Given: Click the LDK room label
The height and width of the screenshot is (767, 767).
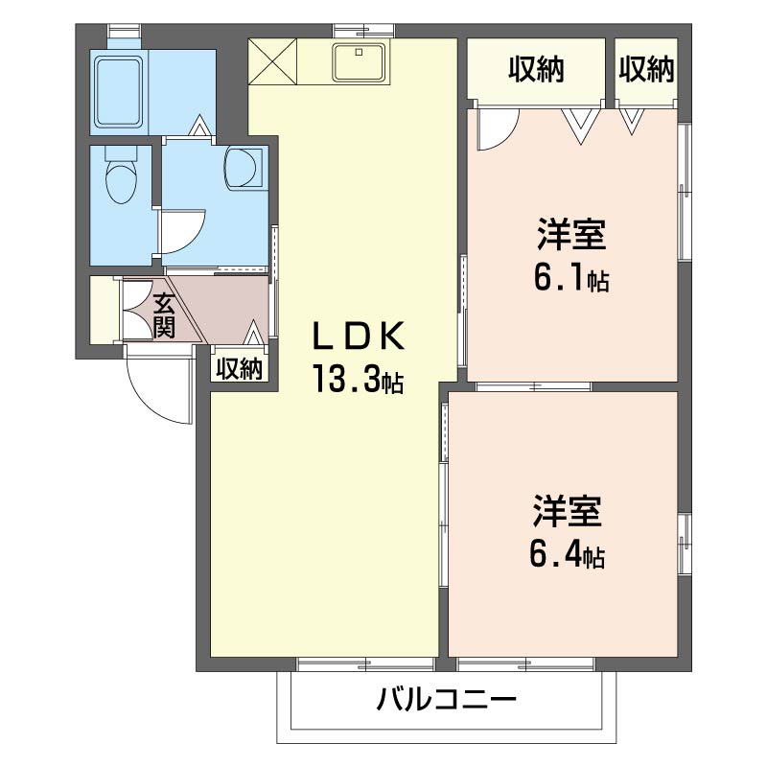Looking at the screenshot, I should (x=360, y=337).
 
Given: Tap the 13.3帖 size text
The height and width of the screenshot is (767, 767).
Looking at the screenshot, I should (x=356, y=382).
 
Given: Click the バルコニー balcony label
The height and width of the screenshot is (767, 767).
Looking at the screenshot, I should (x=447, y=698).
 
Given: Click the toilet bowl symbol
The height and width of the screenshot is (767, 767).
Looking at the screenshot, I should (x=121, y=177).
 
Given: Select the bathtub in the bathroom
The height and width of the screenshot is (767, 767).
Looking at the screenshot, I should (x=118, y=92).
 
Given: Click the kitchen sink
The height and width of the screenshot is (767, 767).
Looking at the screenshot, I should (x=360, y=63).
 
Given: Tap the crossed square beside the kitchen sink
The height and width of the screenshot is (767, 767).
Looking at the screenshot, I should (x=272, y=61).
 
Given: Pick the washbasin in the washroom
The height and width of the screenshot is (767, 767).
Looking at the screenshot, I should (x=244, y=166).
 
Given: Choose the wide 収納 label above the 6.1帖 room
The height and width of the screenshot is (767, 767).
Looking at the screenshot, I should (x=536, y=69).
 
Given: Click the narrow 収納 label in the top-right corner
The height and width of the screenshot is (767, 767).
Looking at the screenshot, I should (x=645, y=69).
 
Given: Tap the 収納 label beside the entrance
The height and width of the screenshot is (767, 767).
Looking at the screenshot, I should (x=238, y=369).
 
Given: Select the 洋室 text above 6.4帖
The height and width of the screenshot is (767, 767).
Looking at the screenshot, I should (x=568, y=511).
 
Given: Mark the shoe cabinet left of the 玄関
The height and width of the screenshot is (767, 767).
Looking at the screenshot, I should (x=102, y=309).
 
